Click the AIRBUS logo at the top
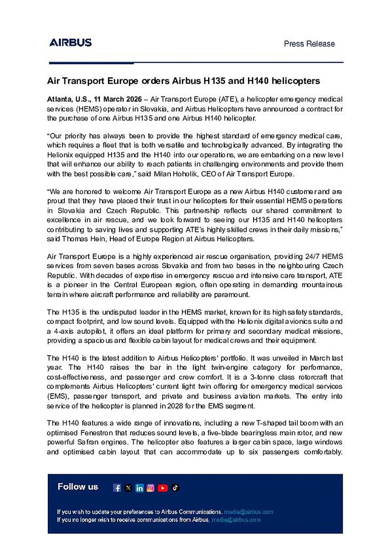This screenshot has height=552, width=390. pyautogui.click(x=71, y=43)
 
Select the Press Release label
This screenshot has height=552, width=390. pyautogui.click(x=309, y=44)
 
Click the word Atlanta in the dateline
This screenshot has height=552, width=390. pyautogui.click(x=59, y=99)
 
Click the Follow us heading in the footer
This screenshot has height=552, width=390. pyautogui.click(x=78, y=487)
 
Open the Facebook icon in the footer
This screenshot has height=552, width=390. pyautogui.click(x=117, y=488)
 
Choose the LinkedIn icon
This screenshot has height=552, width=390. pyautogui.click(x=139, y=488)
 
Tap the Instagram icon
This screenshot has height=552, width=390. pyautogui.click(x=151, y=488)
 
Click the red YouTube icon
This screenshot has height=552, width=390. pyautogui.click(x=163, y=488)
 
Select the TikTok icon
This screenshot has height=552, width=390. pyautogui.click(x=175, y=488)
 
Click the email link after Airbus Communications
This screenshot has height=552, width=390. pyautogui.click(x=249, y=512)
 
